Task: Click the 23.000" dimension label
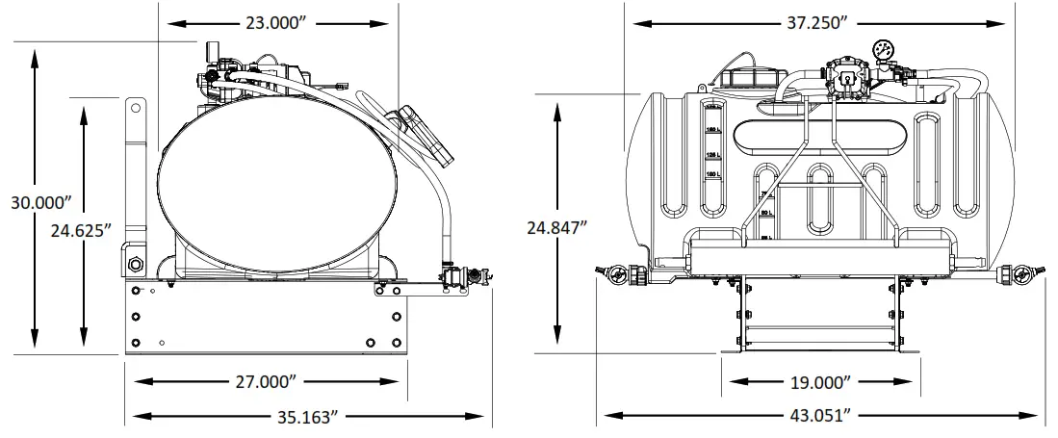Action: [x=278, y=24]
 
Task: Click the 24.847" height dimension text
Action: [x=557, y=229]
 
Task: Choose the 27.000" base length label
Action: [x=263, y=381]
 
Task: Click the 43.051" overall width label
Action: [x=821, y=416]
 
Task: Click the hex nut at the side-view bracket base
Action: [x=134, y=263]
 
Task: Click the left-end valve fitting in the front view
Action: [x=615, y=274]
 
